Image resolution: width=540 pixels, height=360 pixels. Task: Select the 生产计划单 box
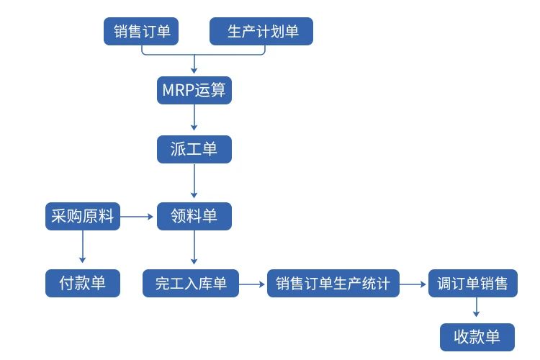pyautogui.click(x=261, y=32)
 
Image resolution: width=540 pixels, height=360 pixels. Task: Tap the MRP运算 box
pyautogui.click(x=194, y=91)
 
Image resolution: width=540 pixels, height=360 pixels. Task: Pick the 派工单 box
pyautogui.click(x=194, y=150)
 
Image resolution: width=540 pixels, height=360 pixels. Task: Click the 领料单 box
pyautogui.click(x=194, y=216)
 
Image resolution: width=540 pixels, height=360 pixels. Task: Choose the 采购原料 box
pyautogui.click(x=82, y=216)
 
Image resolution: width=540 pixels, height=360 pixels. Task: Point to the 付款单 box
pyautogui.click(x=82, y=283)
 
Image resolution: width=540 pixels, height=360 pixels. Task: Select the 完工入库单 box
pyautogui.click(x=191, y=283)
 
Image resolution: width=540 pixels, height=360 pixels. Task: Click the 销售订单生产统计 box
pyautogui.click(x=333, y=283)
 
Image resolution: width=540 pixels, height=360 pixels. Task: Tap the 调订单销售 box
pyautogui.click(x=472, y=283)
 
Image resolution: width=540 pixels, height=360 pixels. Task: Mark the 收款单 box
pyautogui.click(x=477, y=337)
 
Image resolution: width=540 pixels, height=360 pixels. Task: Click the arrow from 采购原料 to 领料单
pyautogui.click(x=138, y=216)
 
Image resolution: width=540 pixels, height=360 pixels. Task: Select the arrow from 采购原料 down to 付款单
pyautogui.click(x=82, y=247)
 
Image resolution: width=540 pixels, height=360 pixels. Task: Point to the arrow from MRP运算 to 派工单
pyautogui.click(x=194, y=119)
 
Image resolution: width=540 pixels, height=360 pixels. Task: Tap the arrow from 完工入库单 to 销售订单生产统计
pyautogui.click(x=252, y=284)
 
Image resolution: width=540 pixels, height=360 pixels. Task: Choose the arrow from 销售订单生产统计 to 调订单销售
pyautogui.click(x=413, y=284)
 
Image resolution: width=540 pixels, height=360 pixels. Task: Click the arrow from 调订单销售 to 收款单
pyautogui.click(x=477, y=308)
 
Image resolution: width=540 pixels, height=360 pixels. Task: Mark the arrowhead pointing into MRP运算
pyautogui.click(x=194, y=71)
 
